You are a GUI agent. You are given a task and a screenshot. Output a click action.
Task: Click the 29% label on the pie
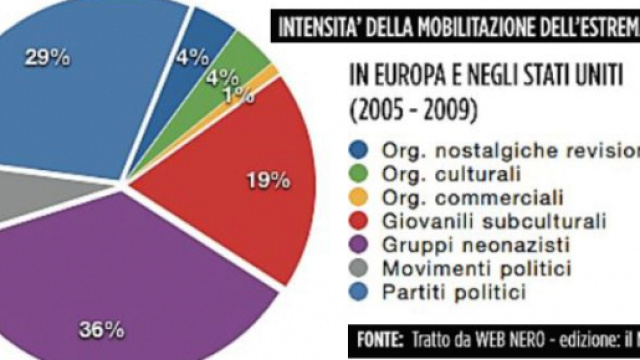(x=49, y=59)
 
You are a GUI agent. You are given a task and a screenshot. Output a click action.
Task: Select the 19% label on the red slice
(x=268, y=181)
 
